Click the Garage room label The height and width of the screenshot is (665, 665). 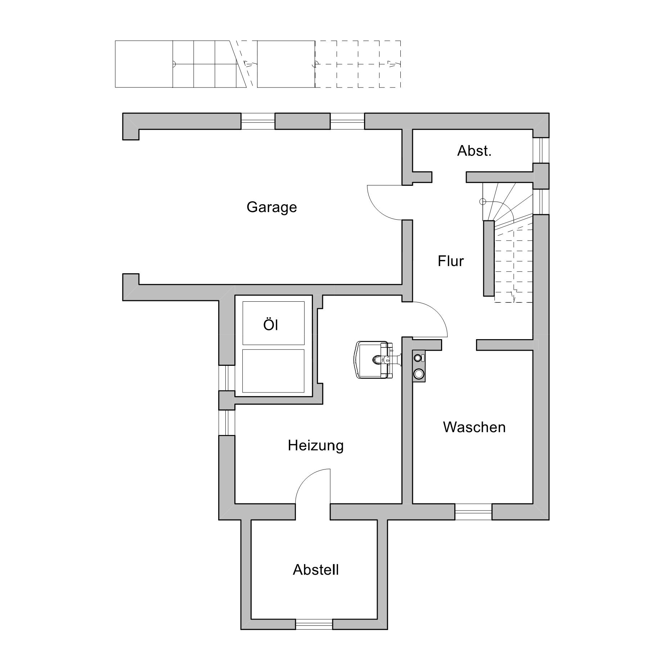(271, 207)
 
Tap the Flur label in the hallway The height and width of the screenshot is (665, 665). (451, 261)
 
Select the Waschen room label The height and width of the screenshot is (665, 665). (474, 427)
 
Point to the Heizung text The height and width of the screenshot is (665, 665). (315, 446)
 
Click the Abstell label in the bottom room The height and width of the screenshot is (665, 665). (316, 570)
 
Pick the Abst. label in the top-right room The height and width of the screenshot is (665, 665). (474, 151)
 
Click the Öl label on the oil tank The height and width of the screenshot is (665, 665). (271, 325)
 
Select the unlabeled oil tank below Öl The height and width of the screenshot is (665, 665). (273, 371)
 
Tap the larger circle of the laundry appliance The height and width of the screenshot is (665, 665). (418, 374)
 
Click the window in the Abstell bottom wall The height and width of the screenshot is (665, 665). (314, 624)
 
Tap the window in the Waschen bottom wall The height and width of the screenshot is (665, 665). (473, 512)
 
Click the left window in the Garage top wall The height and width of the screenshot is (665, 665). (258, 121)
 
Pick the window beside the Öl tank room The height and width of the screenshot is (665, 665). (227, 378)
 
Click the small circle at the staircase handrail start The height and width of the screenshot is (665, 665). (483, 202)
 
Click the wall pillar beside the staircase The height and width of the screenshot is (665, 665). (489, 258)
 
